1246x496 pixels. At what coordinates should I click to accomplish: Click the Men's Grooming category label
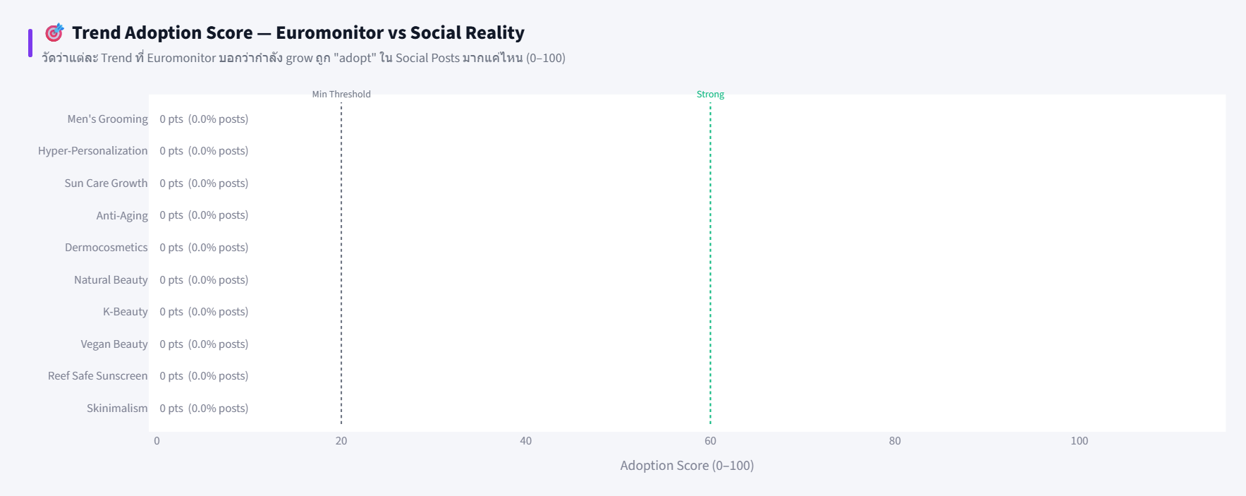(x=107, y=119)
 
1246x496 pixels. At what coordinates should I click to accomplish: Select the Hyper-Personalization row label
(x=92, y=151)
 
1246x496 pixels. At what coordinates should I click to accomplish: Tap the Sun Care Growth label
(x=106, y=183)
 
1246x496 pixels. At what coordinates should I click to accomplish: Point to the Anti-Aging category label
(x=122, y=215)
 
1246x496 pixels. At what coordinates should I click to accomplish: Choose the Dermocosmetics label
(x=106, y=248)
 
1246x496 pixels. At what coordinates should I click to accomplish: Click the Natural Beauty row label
(x=111, y=280)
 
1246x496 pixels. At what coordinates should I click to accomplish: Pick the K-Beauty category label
(x=125, y=312)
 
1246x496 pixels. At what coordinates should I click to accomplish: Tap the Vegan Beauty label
(x=114, y=344)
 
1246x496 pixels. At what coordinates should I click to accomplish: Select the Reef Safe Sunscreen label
(x=97, y=376)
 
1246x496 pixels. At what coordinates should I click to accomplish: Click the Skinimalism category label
(x=117, y=409)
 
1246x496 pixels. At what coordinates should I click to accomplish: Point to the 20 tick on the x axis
(x=341, y=441)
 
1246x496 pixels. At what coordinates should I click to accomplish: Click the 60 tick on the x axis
(x=710, y=441)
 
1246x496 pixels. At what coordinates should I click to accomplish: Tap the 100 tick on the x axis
(x=1079, y=441)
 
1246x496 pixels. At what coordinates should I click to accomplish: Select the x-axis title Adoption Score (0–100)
(x=687, y=466)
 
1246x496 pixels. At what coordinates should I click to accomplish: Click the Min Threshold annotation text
(x=341, y=95)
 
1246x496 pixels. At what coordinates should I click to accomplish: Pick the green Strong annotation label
(x=710, y=95)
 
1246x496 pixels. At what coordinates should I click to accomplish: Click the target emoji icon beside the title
(x=54, y=32)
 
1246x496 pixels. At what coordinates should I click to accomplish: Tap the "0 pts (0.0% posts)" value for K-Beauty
(x=204, y=312)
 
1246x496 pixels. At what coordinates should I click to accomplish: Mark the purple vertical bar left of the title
(x=30, y=43)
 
